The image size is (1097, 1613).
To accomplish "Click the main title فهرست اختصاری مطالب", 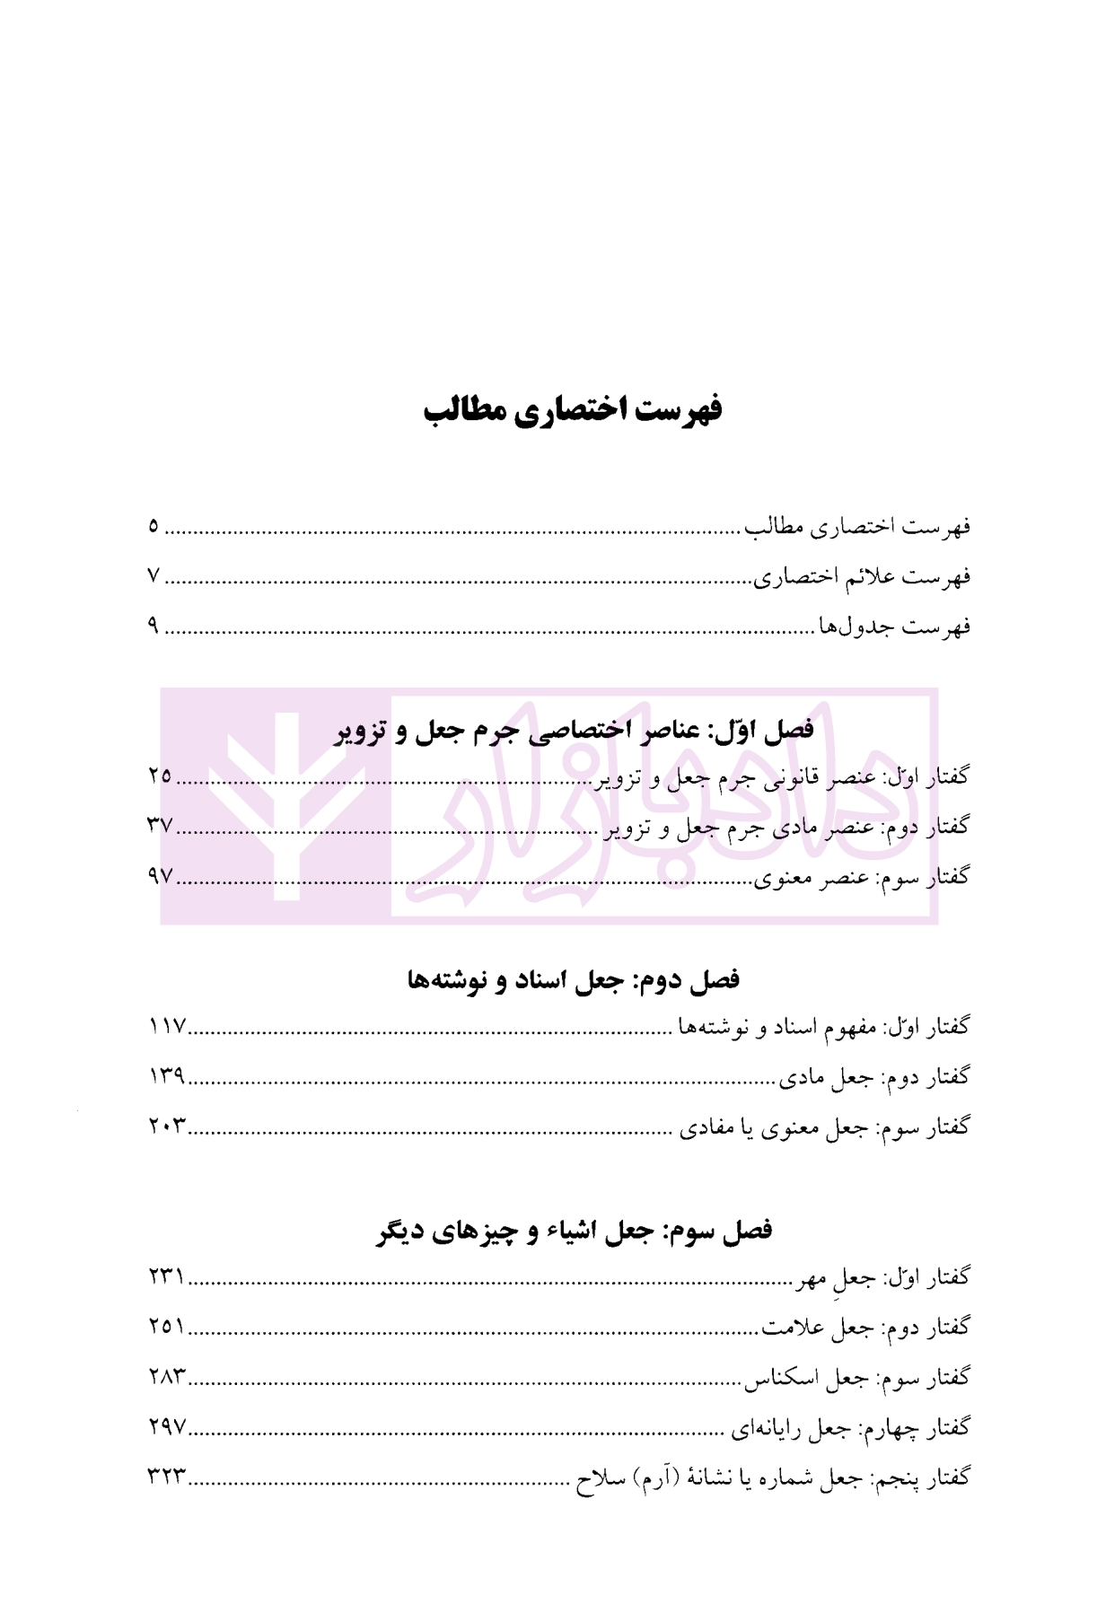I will (574, 410).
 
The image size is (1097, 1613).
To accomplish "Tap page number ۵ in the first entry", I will (154, 525).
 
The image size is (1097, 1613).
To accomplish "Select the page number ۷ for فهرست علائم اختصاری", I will (154, 575).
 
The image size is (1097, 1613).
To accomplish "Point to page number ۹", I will (154, 626).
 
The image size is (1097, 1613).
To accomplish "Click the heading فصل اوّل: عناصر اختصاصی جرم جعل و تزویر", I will (575, 730).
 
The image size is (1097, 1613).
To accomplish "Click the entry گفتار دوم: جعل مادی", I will (873, 1076).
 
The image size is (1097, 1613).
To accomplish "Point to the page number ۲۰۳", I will (166, 1126).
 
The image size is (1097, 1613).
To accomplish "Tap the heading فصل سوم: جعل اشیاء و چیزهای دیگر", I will (575, 1230).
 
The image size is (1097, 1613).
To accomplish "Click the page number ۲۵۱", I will (166, 1326).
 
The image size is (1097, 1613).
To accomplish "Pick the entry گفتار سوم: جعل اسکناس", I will (856, 1377).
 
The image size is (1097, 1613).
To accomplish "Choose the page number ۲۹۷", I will (166, 1426).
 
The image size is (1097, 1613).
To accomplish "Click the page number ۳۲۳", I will (166, 1477).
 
